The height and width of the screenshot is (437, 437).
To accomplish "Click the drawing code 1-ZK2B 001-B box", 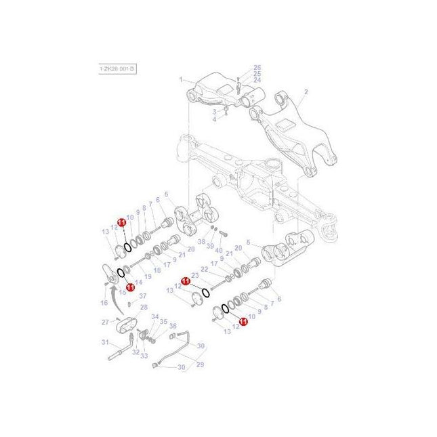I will (117, 69).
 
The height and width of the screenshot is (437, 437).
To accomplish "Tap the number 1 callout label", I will (182, 80).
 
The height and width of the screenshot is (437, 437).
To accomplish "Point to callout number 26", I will (257, 67).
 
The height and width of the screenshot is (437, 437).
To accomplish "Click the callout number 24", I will (257, 80).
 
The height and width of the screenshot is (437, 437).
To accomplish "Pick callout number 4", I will (215, 119).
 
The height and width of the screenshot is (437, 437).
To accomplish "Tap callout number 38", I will (201, 241).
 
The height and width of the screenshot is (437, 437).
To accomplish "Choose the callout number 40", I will (219, 250).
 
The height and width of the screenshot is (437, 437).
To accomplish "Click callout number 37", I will (142, 296).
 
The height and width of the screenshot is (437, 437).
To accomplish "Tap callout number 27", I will (105, 321).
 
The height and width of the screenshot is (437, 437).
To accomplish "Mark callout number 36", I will (173, 326).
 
